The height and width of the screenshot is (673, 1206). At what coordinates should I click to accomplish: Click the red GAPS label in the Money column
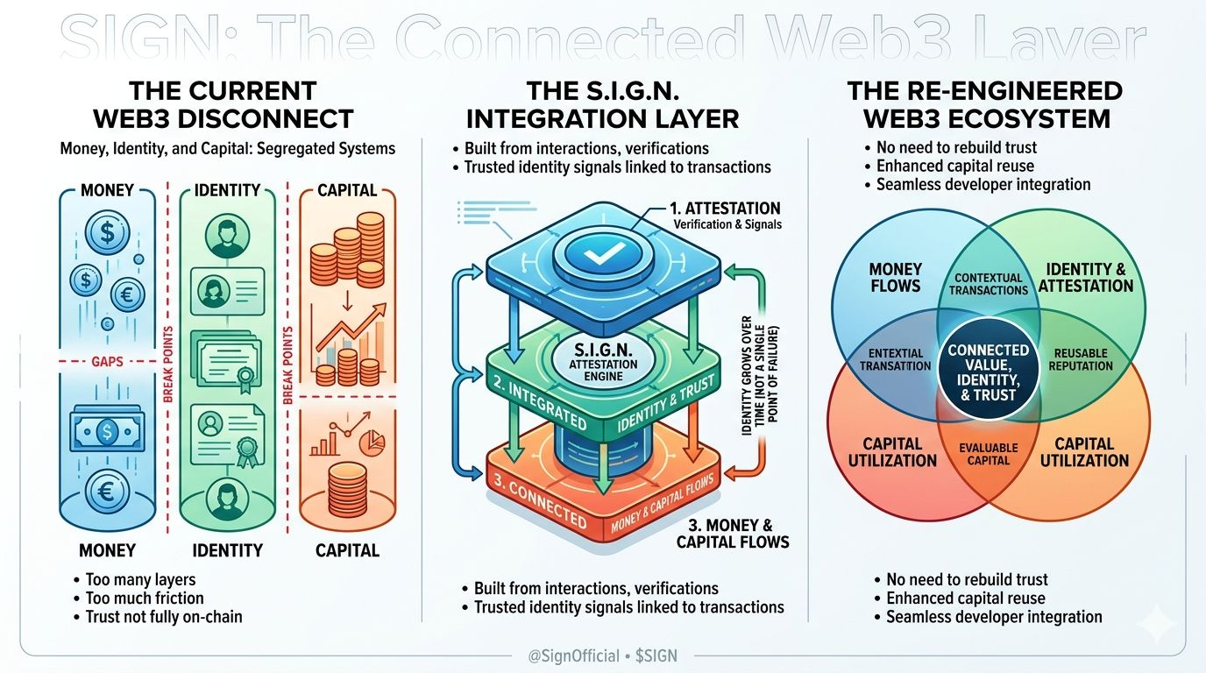(108, 360)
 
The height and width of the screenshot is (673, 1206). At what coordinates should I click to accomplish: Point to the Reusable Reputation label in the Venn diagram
(1080, 359)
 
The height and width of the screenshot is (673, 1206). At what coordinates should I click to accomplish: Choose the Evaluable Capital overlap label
(989, 454)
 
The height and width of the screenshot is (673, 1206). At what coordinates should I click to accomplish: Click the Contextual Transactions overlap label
(989, 283)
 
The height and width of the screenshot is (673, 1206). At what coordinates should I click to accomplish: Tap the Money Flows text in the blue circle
(894, 276)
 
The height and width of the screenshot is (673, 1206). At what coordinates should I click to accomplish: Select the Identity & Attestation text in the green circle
(1086, 276)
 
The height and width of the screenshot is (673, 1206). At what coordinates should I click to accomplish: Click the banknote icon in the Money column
(108, 431)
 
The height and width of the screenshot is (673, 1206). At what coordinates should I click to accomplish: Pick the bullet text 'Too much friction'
(145, 598)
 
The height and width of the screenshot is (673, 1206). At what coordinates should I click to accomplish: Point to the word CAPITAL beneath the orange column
(347, 550)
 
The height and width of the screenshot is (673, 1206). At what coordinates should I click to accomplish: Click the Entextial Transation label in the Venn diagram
(896, 359)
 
